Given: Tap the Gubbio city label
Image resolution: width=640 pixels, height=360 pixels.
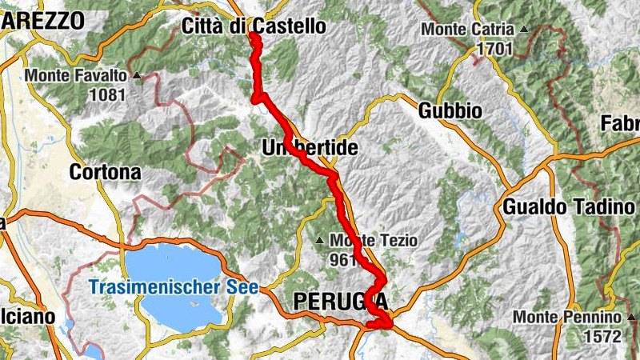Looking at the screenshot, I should [x=450, y=110].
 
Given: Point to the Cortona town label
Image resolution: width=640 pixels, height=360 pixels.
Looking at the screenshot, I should [x=105, y=172].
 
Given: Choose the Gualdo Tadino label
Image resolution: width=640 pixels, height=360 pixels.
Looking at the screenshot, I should [x=568, y=207].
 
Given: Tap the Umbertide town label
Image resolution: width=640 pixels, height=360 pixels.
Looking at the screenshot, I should [x=309, y=148].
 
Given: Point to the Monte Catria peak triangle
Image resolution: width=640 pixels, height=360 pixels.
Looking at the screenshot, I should [x=524, y=30].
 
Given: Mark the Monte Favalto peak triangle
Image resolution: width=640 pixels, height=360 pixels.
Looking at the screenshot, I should [x=137, y=76].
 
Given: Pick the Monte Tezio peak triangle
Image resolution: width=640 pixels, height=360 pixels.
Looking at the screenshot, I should [x=320, y=240].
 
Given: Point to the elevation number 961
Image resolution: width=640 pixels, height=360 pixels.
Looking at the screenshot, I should [x=342, y=259].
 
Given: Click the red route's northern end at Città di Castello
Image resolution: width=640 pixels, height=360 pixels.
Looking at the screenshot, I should [x=253, y=35].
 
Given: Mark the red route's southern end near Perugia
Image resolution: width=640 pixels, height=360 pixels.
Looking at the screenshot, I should [x=387, y=324].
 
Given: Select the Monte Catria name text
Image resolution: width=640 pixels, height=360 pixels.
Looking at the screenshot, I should [x=468, y=30].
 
